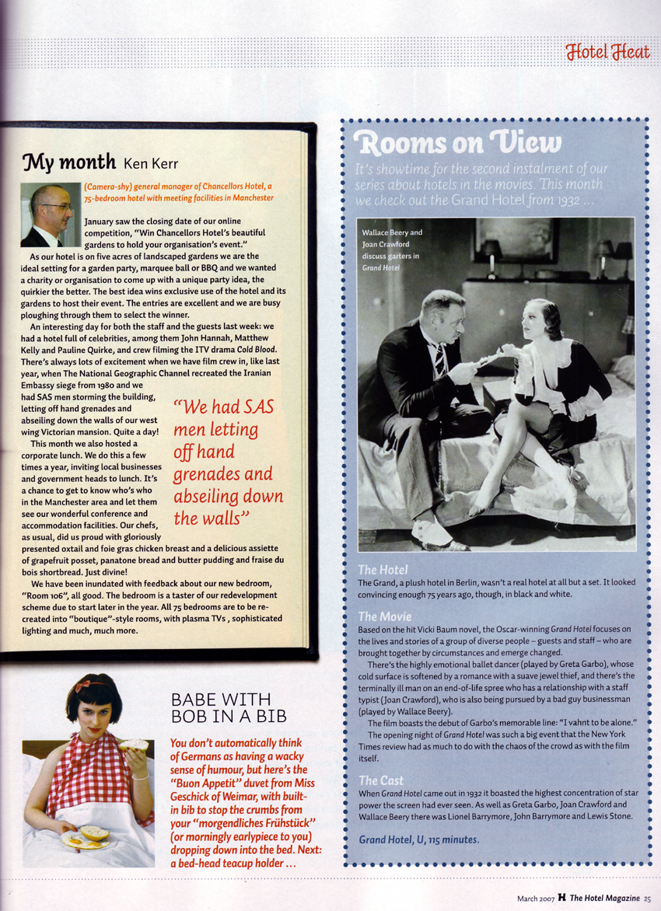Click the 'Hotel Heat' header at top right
(x=608, y=52)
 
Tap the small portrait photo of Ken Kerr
(x=50, y=215)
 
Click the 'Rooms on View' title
(x=456, y=143)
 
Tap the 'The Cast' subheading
(x=381, y=779)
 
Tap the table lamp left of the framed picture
(x=491, y=253)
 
